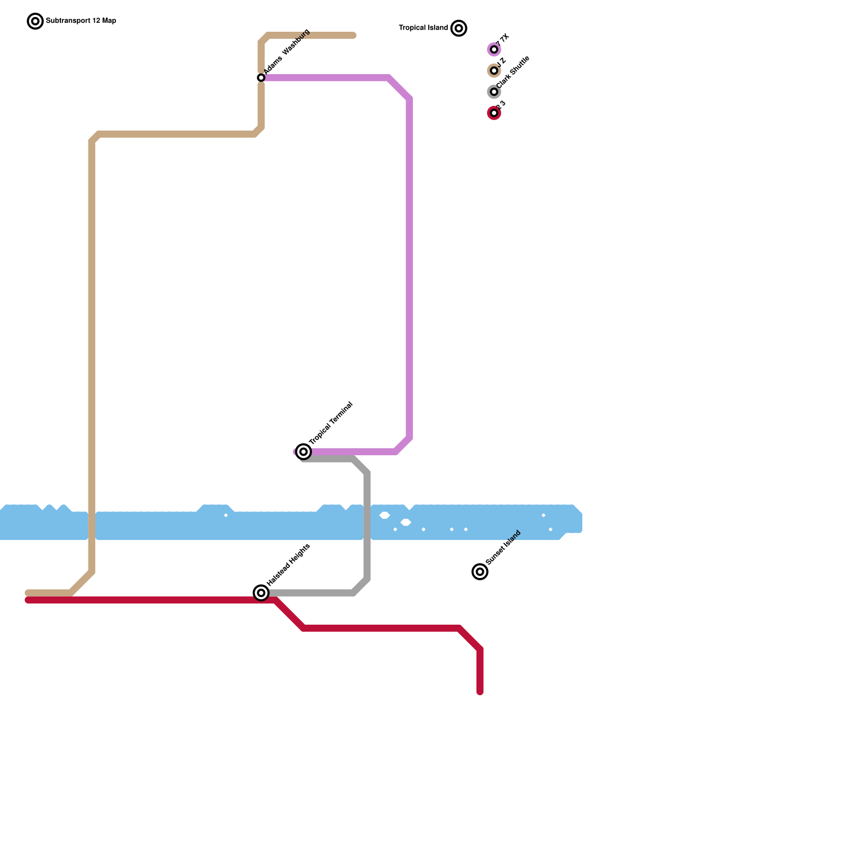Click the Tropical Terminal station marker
click(303, 452)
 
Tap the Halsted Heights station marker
click(261, 593)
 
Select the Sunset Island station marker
click(480, 572)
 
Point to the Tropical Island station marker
click(459, 28)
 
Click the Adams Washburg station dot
click(261, 78)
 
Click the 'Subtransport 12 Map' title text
click(81, 21)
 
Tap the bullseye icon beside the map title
click(35, 21)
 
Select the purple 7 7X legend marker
click(494, 50)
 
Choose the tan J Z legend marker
click(494, 70)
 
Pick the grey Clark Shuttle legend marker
click(494, 92)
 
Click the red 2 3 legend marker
click(494, 113)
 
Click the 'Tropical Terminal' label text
click(331, 424)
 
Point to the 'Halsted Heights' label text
click(289, 565)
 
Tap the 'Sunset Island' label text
click(503, 547)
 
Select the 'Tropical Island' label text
click(423, 28)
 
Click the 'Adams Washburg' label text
click(286, 51)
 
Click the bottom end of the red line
click(480, 692)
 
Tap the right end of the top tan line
click(353, 35)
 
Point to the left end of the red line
click(28, 600)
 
